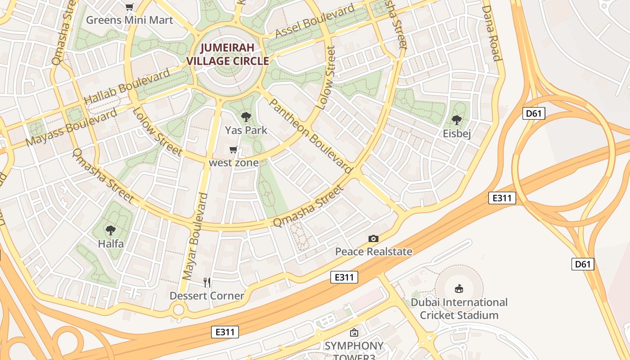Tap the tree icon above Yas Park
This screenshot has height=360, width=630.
pyautogui.click(x=246, y=117)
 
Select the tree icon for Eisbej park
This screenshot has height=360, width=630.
pyautogui.click(x=457, y=120)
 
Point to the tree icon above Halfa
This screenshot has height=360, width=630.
pyautogui.click(x=111, y=231)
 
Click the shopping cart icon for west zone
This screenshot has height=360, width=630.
pyautogui.click(x=234, y=150)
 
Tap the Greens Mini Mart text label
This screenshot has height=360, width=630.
pyautogui.click(x=130, y=20)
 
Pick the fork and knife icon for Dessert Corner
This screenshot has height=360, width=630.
pyautogui.click(x=207, y=283)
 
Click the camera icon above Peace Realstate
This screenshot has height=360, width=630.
pyautogui.click(x=373, y=238)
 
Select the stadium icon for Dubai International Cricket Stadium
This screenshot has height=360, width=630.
pyautogui.click(x=459, y=288)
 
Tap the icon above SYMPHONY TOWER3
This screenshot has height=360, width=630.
pyautogui.click(x=354, y=333)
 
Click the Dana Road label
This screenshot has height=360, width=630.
pyautogui.click(x=491, y=33)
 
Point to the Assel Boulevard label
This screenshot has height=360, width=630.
pyautogui.click(x=315, y=22)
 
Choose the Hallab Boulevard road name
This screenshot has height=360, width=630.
pyautogui.click(x=127, y=86)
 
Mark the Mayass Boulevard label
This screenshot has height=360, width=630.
pyautogui.click(x=71, y=127)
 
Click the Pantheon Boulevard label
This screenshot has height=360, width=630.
pyautogui.click(x=310, y=135)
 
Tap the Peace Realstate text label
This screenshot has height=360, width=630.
pyautogui.click(x=373, y=252)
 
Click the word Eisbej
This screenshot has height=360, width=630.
pyautogui.click(x=457, y=134)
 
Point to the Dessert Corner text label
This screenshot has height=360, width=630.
pyautogui.click(x=207, y=296)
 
